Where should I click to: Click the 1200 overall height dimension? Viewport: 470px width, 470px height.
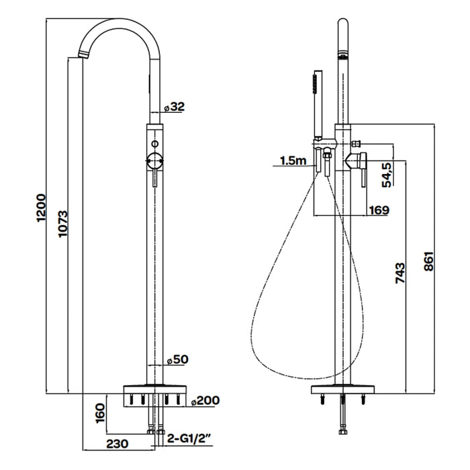pyautogui.click(x=41, y=207)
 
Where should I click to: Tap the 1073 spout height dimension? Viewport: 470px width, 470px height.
pyautogui.click(x=63, y=224)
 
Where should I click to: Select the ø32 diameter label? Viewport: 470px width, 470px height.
pyautogui.click(x=175, y=107)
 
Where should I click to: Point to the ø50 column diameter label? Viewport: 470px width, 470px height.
pyautogui.click(x=178, y=359)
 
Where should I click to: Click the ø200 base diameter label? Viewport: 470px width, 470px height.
pyautogui.click(x=205, y=400)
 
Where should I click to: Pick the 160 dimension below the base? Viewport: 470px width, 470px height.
pyautogui.click(x=101, y=413)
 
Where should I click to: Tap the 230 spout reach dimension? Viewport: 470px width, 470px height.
pyautogui.click(x=117, y=444)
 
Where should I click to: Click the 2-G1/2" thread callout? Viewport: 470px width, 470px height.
pyautogui.click(x=189, y=439)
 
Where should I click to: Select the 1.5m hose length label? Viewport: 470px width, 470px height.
pyautogui.click(x=293, y=160)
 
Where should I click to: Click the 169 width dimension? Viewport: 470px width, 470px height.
pyautogui.click(x=379, y=210)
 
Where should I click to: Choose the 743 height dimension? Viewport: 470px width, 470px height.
pyautogui.click(x=400, y=273)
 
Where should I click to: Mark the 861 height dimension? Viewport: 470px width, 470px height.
pyautogui.click(x=429, y=262)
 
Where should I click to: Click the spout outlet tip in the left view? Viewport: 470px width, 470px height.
pyautogui.click(x=83, y=55)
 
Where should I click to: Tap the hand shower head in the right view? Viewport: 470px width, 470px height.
pyautogui.click(x=318, y=105)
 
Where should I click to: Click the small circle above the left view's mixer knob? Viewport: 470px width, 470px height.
pyautogui.click(x=154, y=144)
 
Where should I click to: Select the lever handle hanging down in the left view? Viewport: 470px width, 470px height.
pyautogui.click(x=154, y=178)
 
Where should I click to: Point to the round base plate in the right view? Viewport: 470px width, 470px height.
pyautogui.click(x=343, y=389)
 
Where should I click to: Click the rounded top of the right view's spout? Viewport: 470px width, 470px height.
pyautogui.click(x=343, y=22)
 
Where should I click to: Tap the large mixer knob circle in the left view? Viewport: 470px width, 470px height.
pyautogui.click(x=154, y=160)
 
